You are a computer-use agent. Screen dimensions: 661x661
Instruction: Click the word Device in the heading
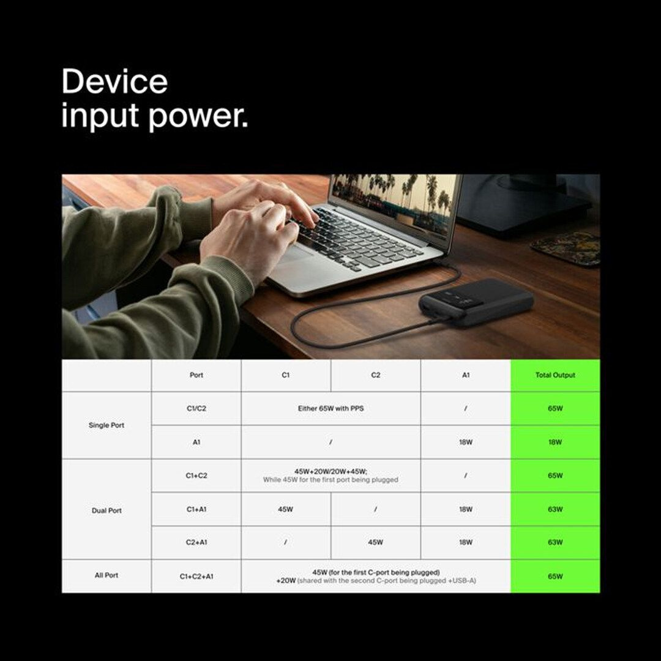pyautogui.click(x=114, y=81)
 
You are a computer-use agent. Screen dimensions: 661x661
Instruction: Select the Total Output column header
pyautogui.click(x=555, y=375)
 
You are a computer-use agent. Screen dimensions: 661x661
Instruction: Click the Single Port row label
pyautogui.click(x=106, y=425)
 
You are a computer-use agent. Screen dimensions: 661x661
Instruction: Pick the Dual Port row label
pyautogui.click(x=106, y=510)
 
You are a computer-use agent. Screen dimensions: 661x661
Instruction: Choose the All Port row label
pyautogui.click(x=106, y=575)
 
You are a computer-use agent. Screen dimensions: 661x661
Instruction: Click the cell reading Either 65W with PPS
pyautogui.click(x=330, y=408)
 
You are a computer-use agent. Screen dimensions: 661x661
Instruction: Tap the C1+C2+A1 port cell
pyautogui.click(x=196, y=576)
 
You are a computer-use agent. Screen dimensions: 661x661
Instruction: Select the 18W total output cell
pyautogui.click(x=555, y=442)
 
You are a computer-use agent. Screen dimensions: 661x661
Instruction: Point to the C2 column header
pyautogui.click(x=376, y=375)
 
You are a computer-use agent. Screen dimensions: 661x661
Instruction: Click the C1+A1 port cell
pyautogui.click(x=196, y=509)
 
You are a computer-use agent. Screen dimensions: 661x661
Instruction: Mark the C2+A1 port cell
pyautogui.click(x=196, y=542)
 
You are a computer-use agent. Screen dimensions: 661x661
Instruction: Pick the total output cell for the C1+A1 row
pyautogui.click(x=555, y=509)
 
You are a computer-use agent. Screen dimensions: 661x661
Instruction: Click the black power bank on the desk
pyautogui.click(x=476, y=302)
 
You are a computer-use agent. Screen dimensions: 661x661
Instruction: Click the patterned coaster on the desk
pyautogui.click(x=566, y=248)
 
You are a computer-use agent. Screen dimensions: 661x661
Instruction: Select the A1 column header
pyautogui.click(x=466, y=375)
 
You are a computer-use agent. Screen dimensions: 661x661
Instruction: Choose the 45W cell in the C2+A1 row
pyautogui.click(x=376, y=542)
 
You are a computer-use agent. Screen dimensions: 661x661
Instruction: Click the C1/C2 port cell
pyautogui.click(x=196, y=408)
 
